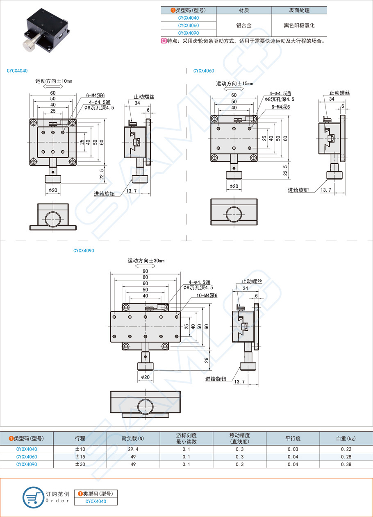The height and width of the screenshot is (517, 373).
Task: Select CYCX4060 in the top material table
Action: [x=189, y=25]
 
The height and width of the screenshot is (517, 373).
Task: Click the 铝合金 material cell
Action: [x=244, y=25]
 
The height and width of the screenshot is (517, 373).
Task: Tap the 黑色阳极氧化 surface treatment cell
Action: [x=299, y=25]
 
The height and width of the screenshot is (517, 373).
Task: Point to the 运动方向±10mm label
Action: [x=54, y=82]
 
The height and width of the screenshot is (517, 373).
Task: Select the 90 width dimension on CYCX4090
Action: [x=146, y=271]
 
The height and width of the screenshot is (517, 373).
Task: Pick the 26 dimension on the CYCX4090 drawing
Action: [x=207, y=360]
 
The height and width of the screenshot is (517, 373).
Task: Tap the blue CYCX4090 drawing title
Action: [x=84, y=250]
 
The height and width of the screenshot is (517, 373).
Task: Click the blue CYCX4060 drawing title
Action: [x=204, y=71]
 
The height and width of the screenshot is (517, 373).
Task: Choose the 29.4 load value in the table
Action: [x=133, y=449]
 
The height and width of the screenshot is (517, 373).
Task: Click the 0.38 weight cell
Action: [x=346, y=465]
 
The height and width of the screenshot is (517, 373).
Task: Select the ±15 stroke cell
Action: [x=80, y=457]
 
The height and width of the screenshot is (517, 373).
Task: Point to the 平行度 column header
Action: [x=293, y=438]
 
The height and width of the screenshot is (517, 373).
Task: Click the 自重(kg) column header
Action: [x=346, y=438]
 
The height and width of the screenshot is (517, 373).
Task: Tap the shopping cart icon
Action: [x=33, y=497]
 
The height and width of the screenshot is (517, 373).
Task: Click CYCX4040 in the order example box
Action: [x=96, y=501]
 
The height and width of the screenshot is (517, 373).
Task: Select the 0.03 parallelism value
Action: [x=293, y=449]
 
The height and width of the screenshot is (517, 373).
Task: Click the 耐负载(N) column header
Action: [x=133, y=438]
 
